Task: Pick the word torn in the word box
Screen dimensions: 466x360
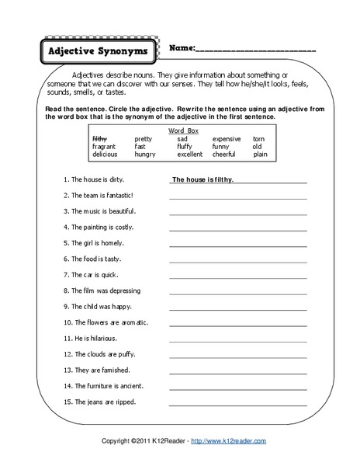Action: point(259,138)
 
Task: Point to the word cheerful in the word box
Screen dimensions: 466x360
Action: point(225,155)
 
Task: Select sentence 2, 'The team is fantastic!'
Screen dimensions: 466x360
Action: point(103,195)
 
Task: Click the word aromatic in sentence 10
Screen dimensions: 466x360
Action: point(132,322)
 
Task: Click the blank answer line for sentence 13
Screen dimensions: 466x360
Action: point(237,370)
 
